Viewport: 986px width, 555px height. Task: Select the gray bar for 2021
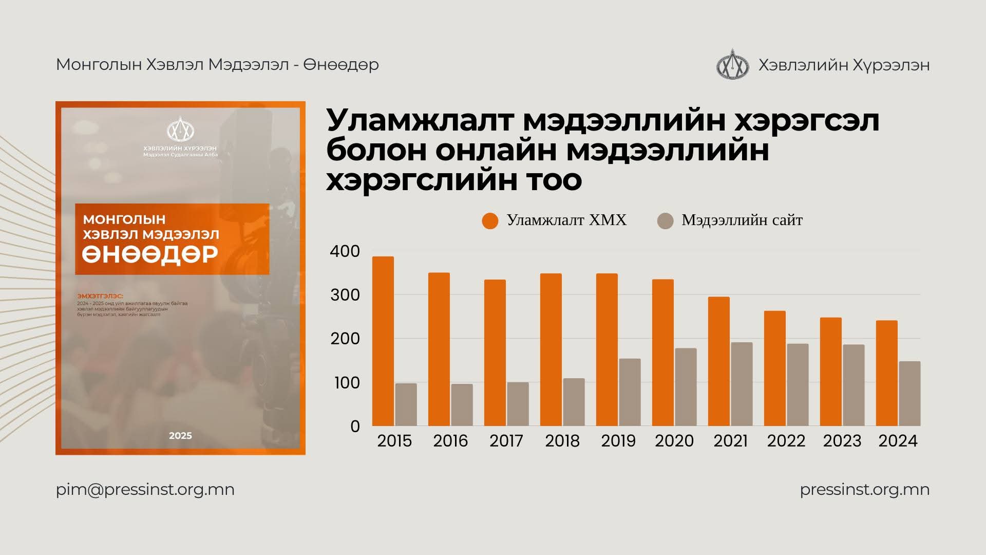742,384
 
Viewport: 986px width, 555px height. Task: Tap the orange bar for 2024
886,373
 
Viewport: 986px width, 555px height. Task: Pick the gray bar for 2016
462,404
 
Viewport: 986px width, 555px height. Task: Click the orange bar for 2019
606,349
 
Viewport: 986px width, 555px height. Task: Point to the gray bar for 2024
909,394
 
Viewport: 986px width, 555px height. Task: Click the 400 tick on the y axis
345,251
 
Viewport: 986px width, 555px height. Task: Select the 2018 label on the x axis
562,441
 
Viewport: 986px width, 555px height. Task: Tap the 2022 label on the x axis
786,441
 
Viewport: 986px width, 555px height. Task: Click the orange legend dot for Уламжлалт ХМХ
490,221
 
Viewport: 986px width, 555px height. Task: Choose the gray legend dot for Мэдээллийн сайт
665,221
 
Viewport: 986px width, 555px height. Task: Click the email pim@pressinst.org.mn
145,489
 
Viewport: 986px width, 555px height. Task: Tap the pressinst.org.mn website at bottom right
864,489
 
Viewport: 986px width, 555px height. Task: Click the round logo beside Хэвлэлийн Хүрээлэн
733,65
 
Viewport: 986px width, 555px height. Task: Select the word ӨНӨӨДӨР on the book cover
150,254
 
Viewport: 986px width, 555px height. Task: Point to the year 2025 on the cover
180,436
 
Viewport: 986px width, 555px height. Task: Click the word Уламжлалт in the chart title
420,121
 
